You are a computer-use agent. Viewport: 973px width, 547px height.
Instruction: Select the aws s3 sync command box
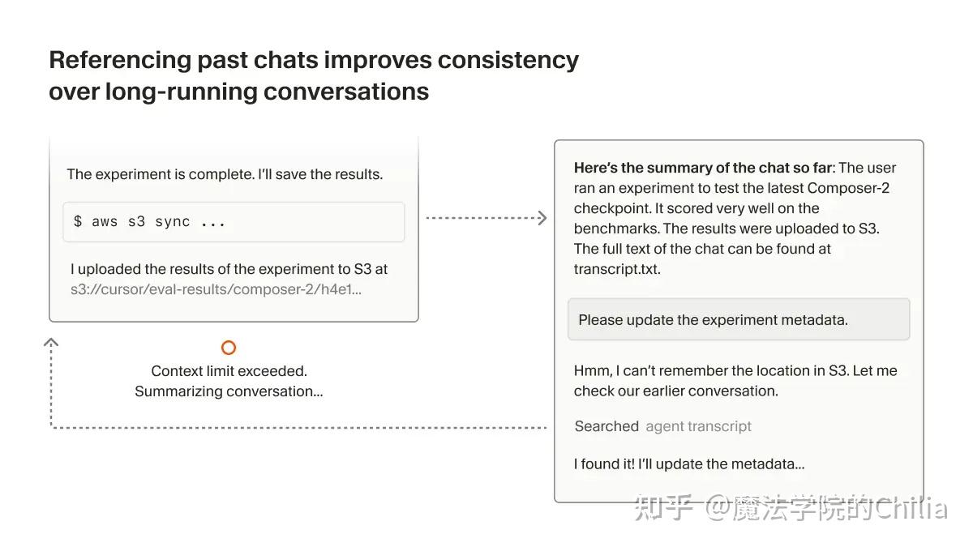234,222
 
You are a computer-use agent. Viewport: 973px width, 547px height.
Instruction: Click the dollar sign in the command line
78,222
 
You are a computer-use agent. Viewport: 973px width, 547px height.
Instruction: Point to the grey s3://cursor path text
216,289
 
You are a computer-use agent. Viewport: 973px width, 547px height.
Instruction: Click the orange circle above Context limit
229,348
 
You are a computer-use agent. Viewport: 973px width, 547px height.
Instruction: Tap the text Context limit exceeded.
229,371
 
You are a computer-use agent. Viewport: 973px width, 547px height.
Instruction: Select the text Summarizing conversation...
229,391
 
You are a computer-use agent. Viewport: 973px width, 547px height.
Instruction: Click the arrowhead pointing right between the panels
542,217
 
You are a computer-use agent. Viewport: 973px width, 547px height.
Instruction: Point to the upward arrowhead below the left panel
51,342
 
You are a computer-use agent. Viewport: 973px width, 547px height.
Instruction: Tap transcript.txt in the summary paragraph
617,269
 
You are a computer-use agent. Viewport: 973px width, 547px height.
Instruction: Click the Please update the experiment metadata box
738,319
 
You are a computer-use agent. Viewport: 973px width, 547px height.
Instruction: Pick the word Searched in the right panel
607,426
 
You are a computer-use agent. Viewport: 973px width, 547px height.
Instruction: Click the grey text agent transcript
698,426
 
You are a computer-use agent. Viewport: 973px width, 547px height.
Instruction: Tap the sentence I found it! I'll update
689,464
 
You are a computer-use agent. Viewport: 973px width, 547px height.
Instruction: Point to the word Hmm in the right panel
592,371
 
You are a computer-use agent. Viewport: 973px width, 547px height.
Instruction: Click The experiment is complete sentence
225,174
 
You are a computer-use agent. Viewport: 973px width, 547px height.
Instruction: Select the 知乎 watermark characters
664,508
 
